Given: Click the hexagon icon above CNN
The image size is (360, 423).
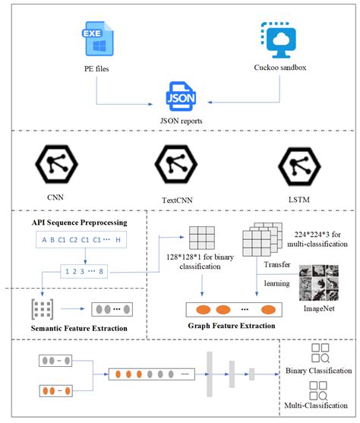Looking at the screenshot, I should point(54,163).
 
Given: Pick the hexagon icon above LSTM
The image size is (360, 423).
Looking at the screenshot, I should point(293,164).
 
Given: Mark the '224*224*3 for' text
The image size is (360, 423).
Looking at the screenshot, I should point(311,232).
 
